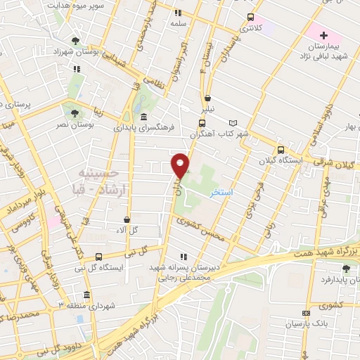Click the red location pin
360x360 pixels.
click(181, 165)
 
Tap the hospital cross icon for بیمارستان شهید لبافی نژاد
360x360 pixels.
click(323, 35)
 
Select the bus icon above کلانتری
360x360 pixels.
click(250, 18)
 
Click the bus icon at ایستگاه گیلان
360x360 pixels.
click(281, 150)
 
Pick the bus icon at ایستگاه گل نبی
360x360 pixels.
click(98, 257)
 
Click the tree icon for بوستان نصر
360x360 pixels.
click(73, 110)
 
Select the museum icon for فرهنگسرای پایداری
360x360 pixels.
click(143, 117)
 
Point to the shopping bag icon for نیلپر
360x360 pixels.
click(207, 99)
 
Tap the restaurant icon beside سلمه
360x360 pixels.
click(179, 13)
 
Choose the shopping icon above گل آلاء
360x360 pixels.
click(127, 220)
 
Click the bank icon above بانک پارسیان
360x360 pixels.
click(305, 314)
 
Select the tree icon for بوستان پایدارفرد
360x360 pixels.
click(345, 268)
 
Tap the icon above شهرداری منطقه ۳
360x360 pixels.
click(86, 295)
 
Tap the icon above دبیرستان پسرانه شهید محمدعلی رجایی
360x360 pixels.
click(184, 257)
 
